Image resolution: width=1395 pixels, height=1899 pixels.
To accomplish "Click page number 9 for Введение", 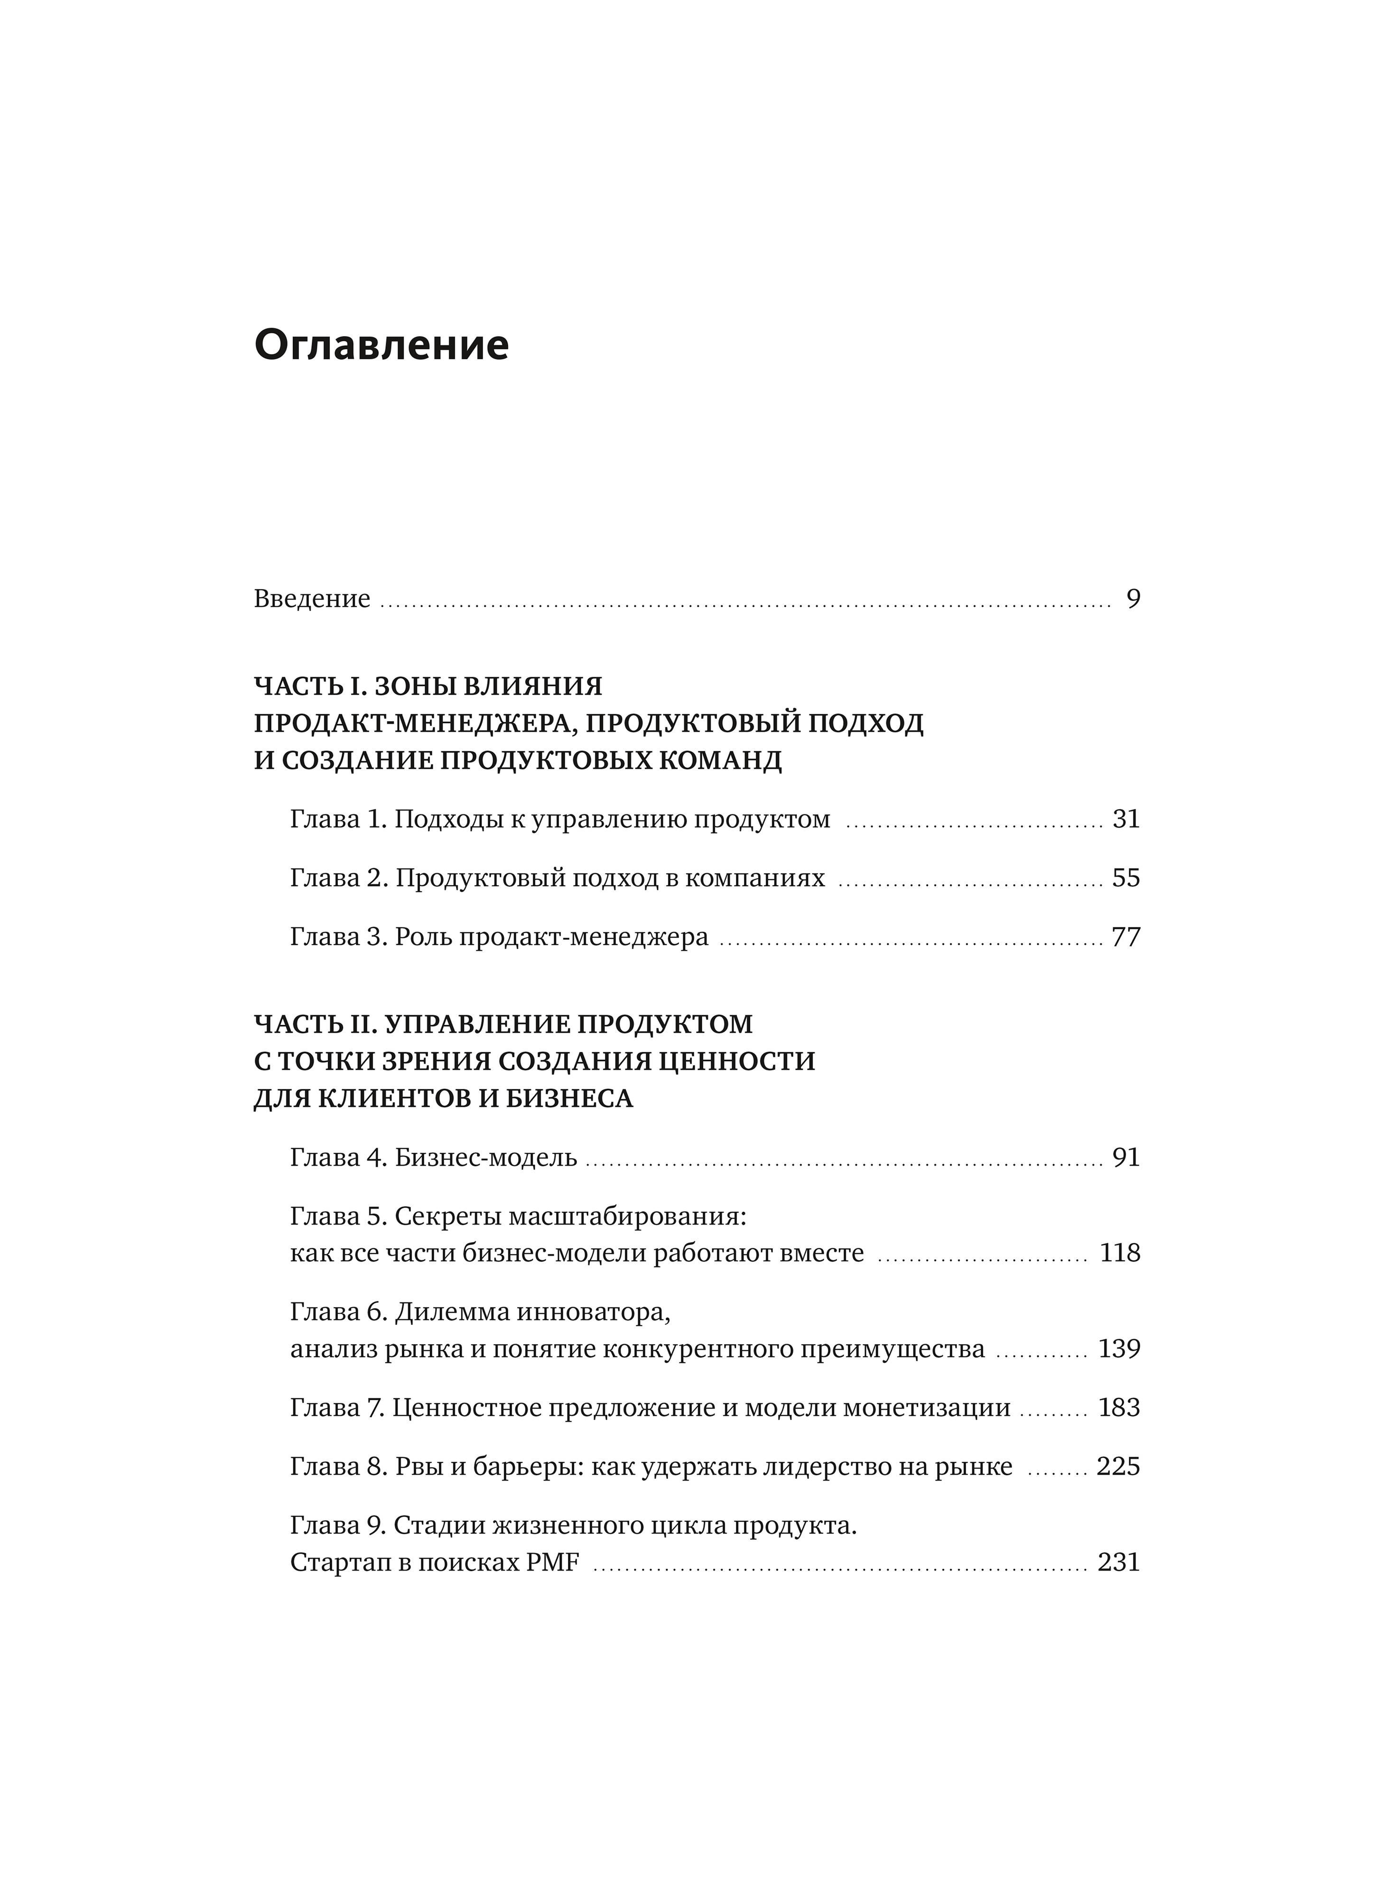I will click(1133, 599).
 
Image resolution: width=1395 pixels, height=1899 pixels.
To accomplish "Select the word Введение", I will click(312, 599).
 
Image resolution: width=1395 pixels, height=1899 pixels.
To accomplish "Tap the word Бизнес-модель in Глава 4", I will click(485, 1157).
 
